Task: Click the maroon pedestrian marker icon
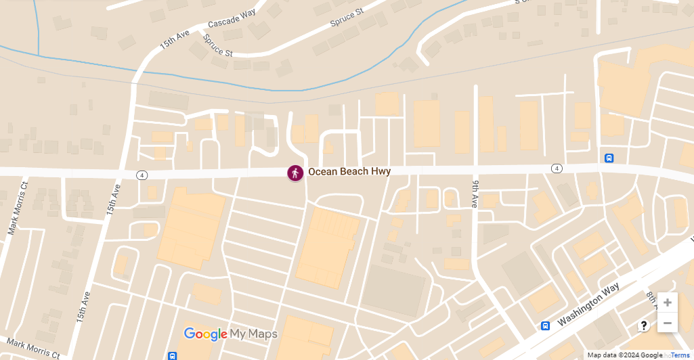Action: (295, 173)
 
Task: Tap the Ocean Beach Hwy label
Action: (349, 172)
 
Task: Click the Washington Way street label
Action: (588, 306)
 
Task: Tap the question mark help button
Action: (644, 325)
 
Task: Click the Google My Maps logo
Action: (231, 334)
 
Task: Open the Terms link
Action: (680, 355)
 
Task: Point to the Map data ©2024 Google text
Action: (624, 355)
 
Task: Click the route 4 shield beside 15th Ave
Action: (142, 175)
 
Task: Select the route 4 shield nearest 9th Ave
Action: (557, 168)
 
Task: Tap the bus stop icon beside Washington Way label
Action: (545, 326)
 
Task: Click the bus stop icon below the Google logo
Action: (173, 356)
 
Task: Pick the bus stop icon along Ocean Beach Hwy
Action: (609, 158)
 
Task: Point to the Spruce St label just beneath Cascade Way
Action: (218, 47)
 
